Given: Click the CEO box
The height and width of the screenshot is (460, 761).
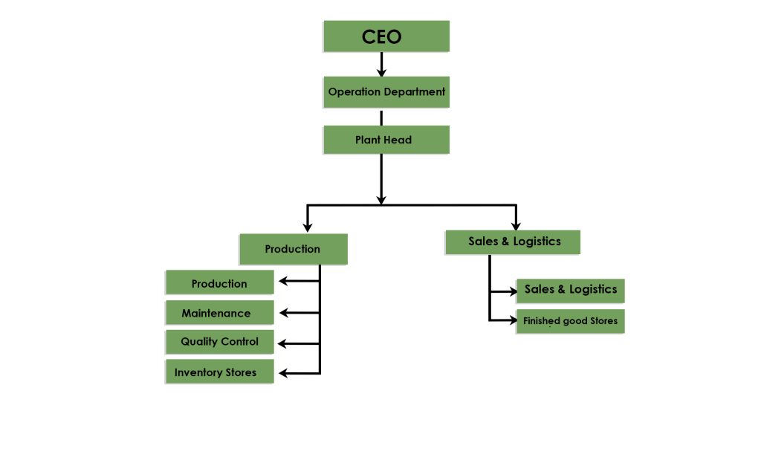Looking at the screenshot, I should pos(386,36).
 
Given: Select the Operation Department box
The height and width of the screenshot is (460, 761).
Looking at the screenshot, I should pos(386,92).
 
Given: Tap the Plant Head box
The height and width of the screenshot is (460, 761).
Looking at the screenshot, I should pos(386,140).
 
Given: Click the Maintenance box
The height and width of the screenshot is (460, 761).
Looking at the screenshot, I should pos(219,313).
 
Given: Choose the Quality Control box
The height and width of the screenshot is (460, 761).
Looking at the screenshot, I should pos(219,342).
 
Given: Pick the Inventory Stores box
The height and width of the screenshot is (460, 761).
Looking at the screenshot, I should pos(219,372).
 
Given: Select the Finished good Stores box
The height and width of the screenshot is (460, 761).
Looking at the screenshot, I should pos(570,321).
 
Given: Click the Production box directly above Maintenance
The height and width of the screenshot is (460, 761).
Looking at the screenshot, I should pos(219,283).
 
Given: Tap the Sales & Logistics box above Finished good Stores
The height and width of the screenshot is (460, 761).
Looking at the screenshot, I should pos(570,290).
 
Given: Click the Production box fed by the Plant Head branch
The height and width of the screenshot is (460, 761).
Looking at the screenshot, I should pos(293,249).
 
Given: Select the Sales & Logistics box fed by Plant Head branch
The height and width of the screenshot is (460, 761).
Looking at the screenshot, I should pos(513,242).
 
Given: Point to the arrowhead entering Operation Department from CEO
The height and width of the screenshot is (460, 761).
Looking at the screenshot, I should pos(381,73).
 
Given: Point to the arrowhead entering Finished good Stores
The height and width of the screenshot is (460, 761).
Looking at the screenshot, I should pos(512,321).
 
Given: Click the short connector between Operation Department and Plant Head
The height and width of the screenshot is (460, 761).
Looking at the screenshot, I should pos(381,117).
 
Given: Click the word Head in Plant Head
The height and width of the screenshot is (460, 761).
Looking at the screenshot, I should pos(398,140).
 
